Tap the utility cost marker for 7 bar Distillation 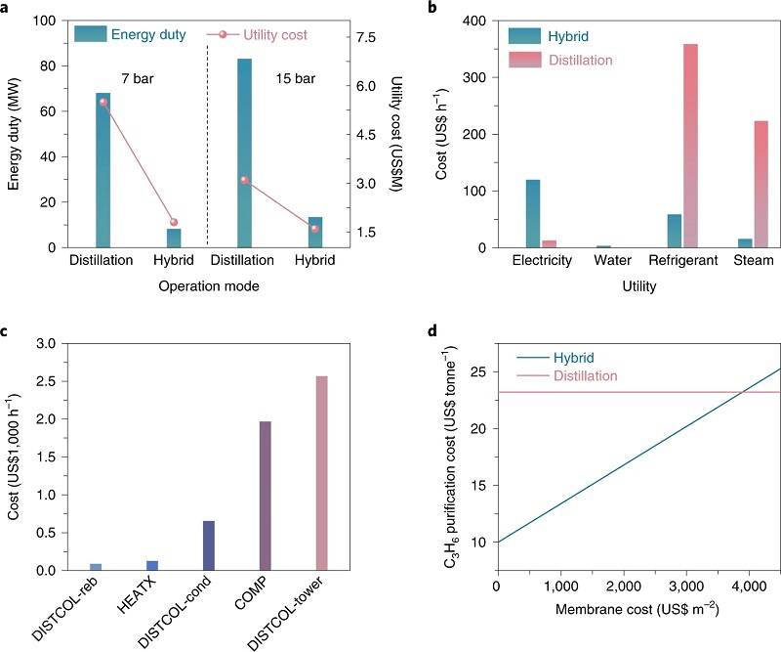(103, 103)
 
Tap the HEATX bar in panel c (151, 565)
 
